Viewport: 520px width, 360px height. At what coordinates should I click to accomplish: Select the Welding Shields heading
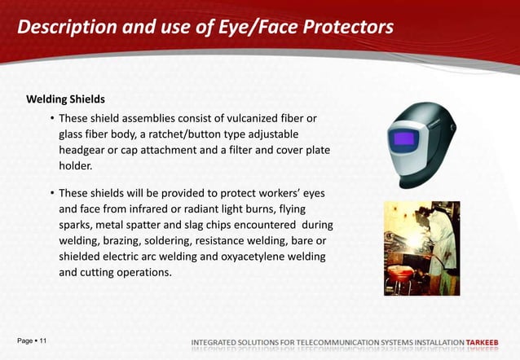(65, 99)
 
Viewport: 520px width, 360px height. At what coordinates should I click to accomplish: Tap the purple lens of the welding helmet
(403, 141)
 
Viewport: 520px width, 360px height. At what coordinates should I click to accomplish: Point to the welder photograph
(421, 248)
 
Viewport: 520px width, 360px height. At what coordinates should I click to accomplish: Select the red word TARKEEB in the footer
(487, 340)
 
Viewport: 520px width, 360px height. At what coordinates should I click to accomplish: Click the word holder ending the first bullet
(75, 165)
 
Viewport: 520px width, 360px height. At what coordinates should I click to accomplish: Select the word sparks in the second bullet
(77, 224)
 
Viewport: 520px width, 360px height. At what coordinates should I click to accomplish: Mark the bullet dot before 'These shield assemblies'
(52, 119)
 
